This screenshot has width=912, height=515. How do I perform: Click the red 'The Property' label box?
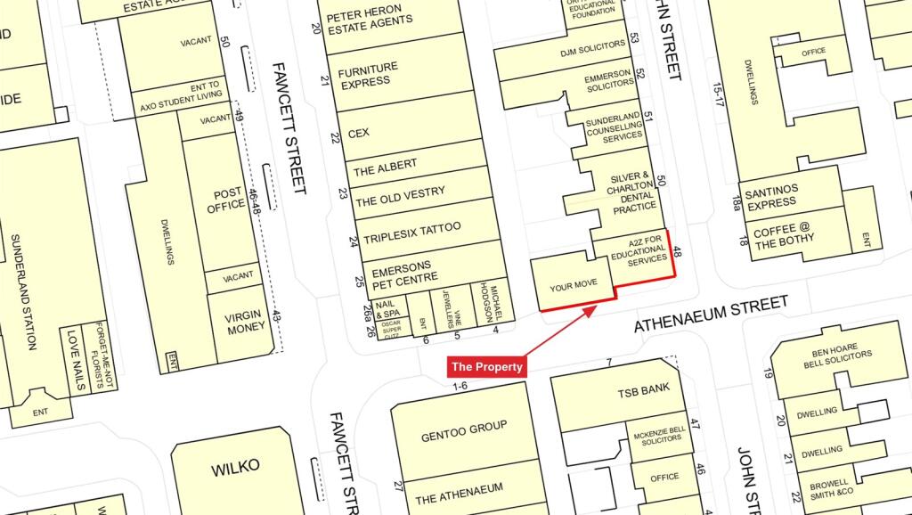click(x=487, y=366)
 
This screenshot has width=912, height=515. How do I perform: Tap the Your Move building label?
click(x=572, y=288)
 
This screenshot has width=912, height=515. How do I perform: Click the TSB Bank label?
click(x=643, y=392)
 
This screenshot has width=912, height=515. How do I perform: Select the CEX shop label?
click(x=359, y=134)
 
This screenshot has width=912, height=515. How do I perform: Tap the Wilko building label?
click(x=235, y=466)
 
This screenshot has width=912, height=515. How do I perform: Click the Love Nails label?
click(x=74, y=350)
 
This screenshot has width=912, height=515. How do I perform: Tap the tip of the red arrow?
click(x=596, y=307)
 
